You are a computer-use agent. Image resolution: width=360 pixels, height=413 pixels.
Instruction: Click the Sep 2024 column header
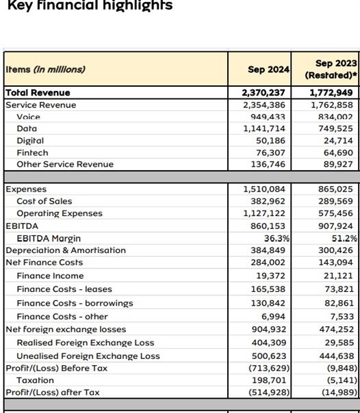(268, 70)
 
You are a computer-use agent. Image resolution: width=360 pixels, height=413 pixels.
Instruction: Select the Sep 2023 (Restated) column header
(331, 69)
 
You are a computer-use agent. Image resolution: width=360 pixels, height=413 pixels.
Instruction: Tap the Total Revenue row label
(38, 93)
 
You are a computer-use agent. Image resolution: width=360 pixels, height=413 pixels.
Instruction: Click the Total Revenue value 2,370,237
(263, 93)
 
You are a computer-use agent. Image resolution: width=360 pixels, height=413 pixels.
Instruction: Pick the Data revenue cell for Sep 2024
(264, 129)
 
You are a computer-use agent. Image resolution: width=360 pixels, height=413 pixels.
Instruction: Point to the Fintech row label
(32, 152)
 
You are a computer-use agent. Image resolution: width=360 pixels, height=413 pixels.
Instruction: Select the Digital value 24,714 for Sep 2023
(338, 141)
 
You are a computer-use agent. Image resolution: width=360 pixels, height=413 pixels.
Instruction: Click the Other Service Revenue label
(65, 164)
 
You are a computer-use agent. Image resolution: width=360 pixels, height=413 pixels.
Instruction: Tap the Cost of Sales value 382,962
(268, 201)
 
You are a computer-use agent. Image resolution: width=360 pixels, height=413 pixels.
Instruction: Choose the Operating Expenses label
(60, 213)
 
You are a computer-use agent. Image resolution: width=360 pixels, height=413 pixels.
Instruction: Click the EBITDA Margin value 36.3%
(277, 239)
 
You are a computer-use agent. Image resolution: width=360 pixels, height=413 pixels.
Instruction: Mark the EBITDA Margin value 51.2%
(344, 239)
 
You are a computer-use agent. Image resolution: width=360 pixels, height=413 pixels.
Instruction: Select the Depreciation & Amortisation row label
(66, 250)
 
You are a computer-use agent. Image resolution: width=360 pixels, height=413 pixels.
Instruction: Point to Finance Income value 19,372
(271, 276)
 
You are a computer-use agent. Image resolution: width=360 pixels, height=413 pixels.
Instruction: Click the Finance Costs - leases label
(64, 289)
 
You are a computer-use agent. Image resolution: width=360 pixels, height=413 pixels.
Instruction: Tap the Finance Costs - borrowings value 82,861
(339, 303)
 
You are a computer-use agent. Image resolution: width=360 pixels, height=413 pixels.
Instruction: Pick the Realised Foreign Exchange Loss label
(86, 343)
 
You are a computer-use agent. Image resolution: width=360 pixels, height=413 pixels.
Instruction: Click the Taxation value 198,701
(269, 380)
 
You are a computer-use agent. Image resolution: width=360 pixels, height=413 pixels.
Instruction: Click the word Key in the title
(20, 5)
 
